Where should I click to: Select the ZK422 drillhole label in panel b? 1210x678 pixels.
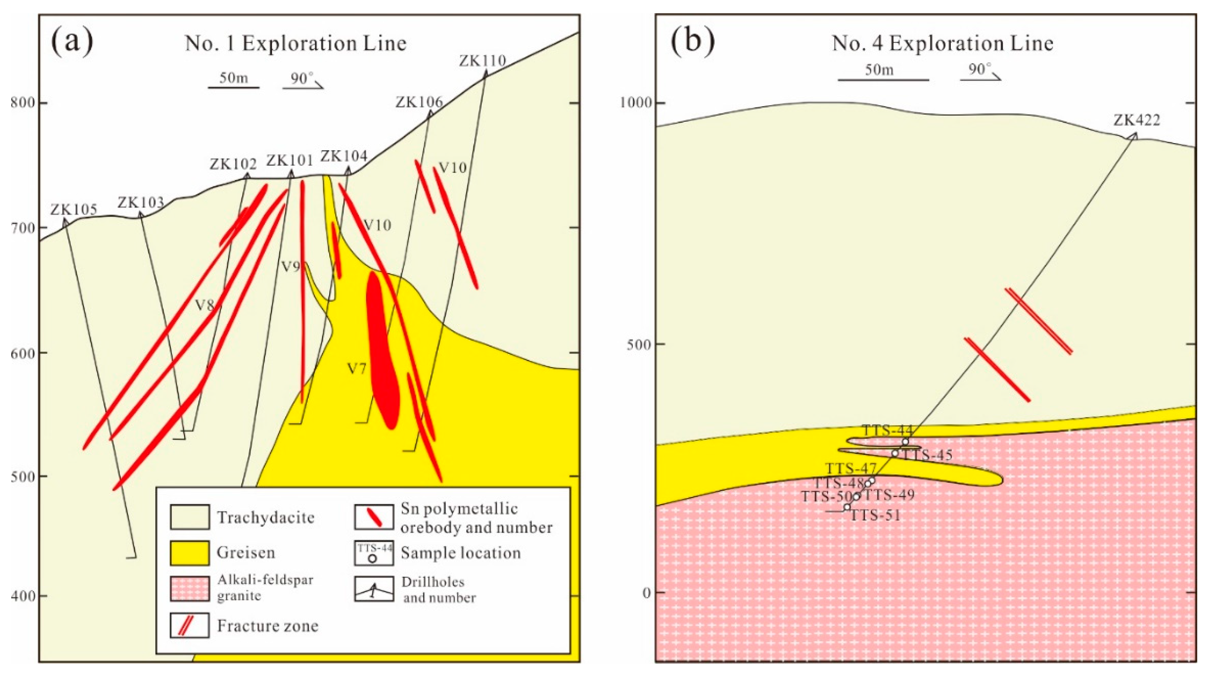[x=1136, y=120]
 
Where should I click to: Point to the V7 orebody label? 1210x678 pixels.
[x=356, y=368]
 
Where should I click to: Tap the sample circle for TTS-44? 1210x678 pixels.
[x=905, y=442]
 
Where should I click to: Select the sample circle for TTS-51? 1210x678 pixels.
[x=847, y=507]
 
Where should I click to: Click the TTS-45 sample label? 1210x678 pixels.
[x=928, y=455]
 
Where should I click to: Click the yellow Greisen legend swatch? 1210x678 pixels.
[x=189, y=553]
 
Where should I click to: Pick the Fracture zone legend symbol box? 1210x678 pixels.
[x=189, y=626]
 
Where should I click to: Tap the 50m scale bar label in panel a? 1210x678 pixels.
[x=233, y=77]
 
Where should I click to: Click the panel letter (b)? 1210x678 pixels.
[x=692, y=41]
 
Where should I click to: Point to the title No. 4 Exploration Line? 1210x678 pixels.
[x=942, y=44]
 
